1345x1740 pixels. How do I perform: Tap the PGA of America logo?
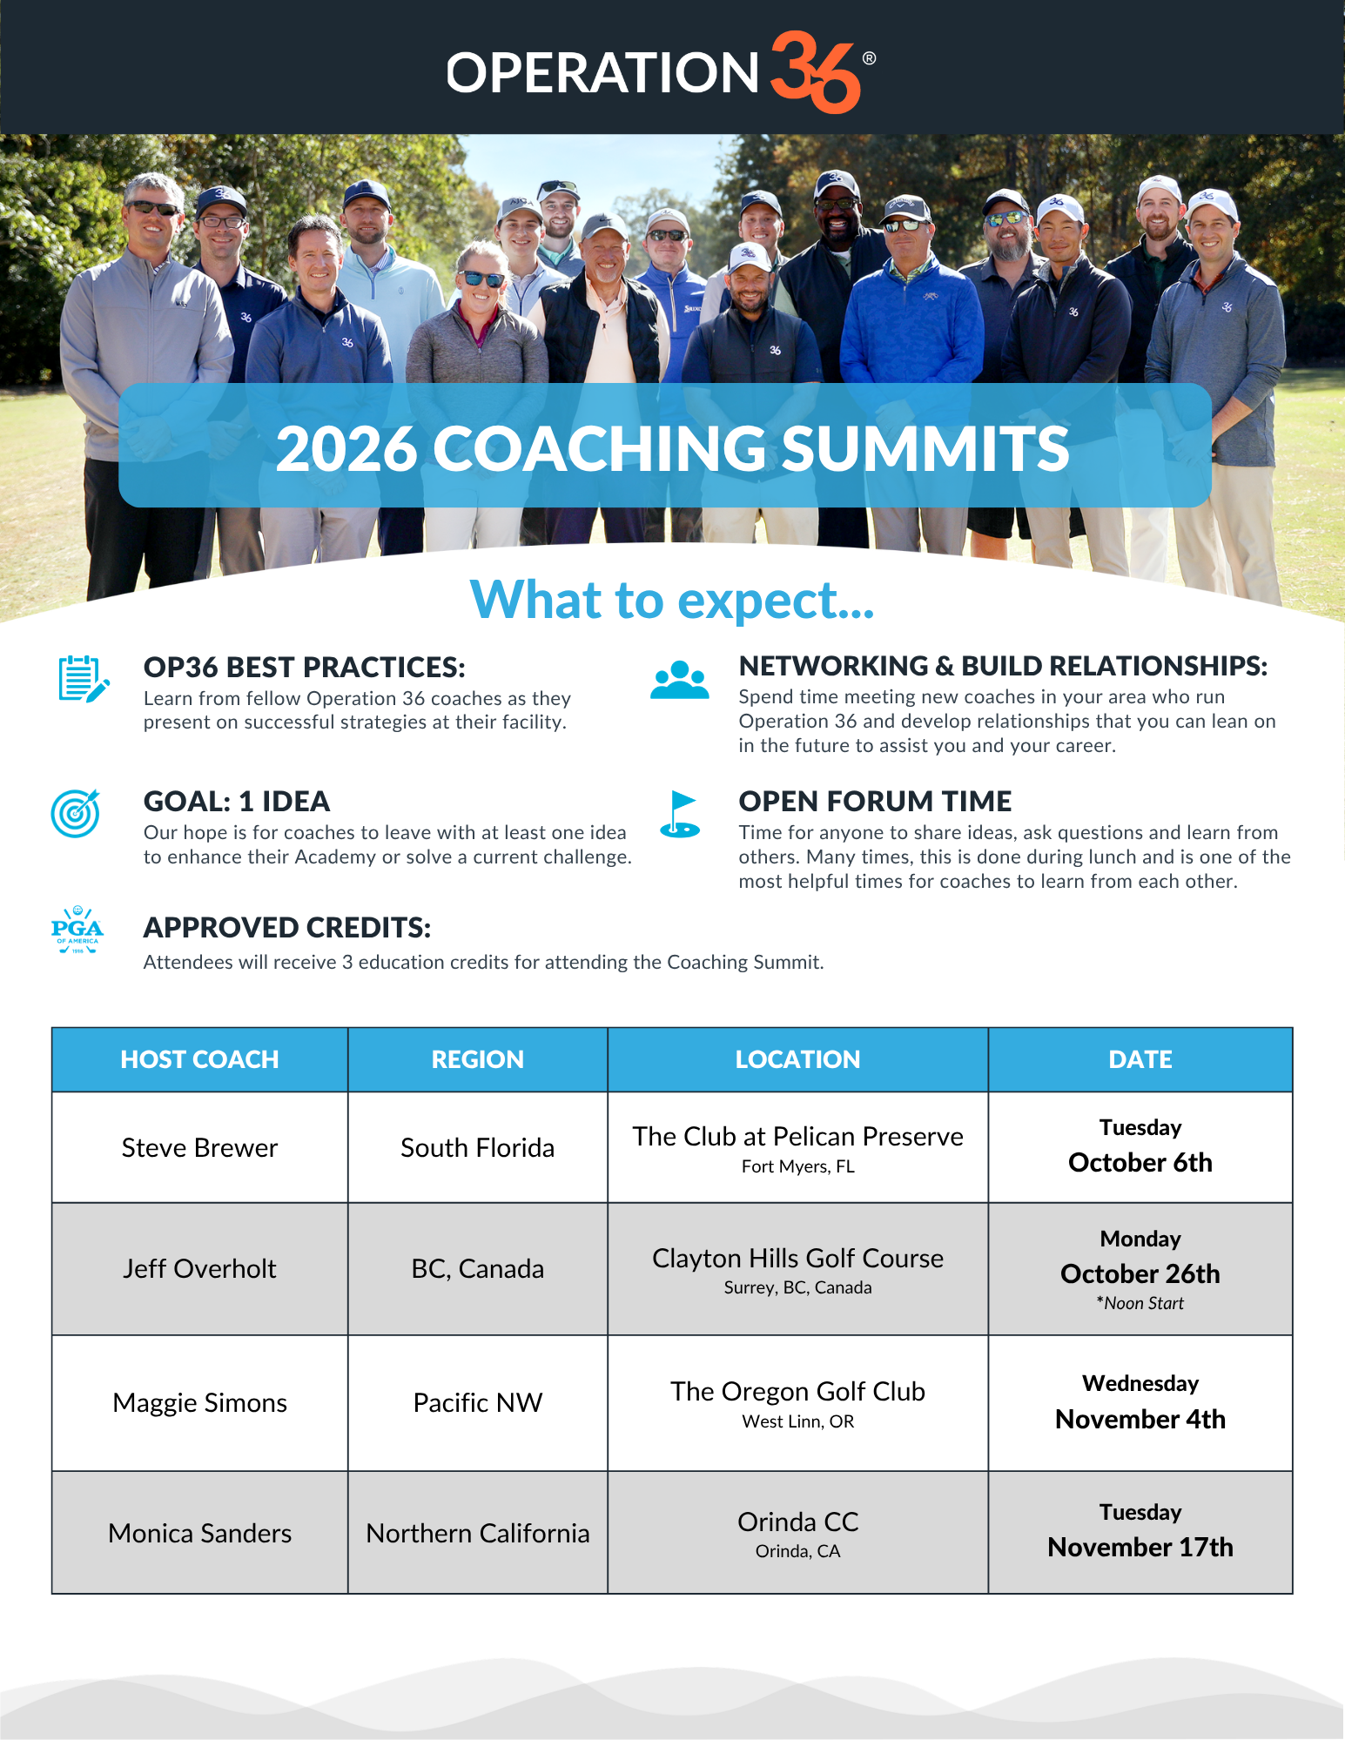(77, 930)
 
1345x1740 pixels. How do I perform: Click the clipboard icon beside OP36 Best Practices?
(84, 680)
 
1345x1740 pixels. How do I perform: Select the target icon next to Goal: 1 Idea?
(76, 814)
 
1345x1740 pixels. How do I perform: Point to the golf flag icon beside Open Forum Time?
(680, 814)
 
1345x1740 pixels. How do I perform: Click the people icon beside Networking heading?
(680, 680)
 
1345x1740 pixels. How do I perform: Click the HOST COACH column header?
(199, 1059)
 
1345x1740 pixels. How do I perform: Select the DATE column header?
(1140, 1059)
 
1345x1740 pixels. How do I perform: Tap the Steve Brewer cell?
(199, 1147)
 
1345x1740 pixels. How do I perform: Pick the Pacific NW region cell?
(478, 1402)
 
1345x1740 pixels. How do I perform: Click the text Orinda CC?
(798, 1522)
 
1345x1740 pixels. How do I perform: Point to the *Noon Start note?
(1140, 1303)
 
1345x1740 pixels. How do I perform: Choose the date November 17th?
(1140, 1547)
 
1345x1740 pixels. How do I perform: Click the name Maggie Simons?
(199, 1402)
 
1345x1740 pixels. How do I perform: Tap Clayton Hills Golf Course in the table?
(798, 1258)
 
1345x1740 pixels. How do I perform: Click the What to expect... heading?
(672, 600)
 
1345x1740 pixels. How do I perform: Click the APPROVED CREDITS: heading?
(287, 928)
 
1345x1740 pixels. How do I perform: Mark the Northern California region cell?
(478, 1532)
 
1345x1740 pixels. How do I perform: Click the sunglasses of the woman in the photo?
(483, 279)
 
